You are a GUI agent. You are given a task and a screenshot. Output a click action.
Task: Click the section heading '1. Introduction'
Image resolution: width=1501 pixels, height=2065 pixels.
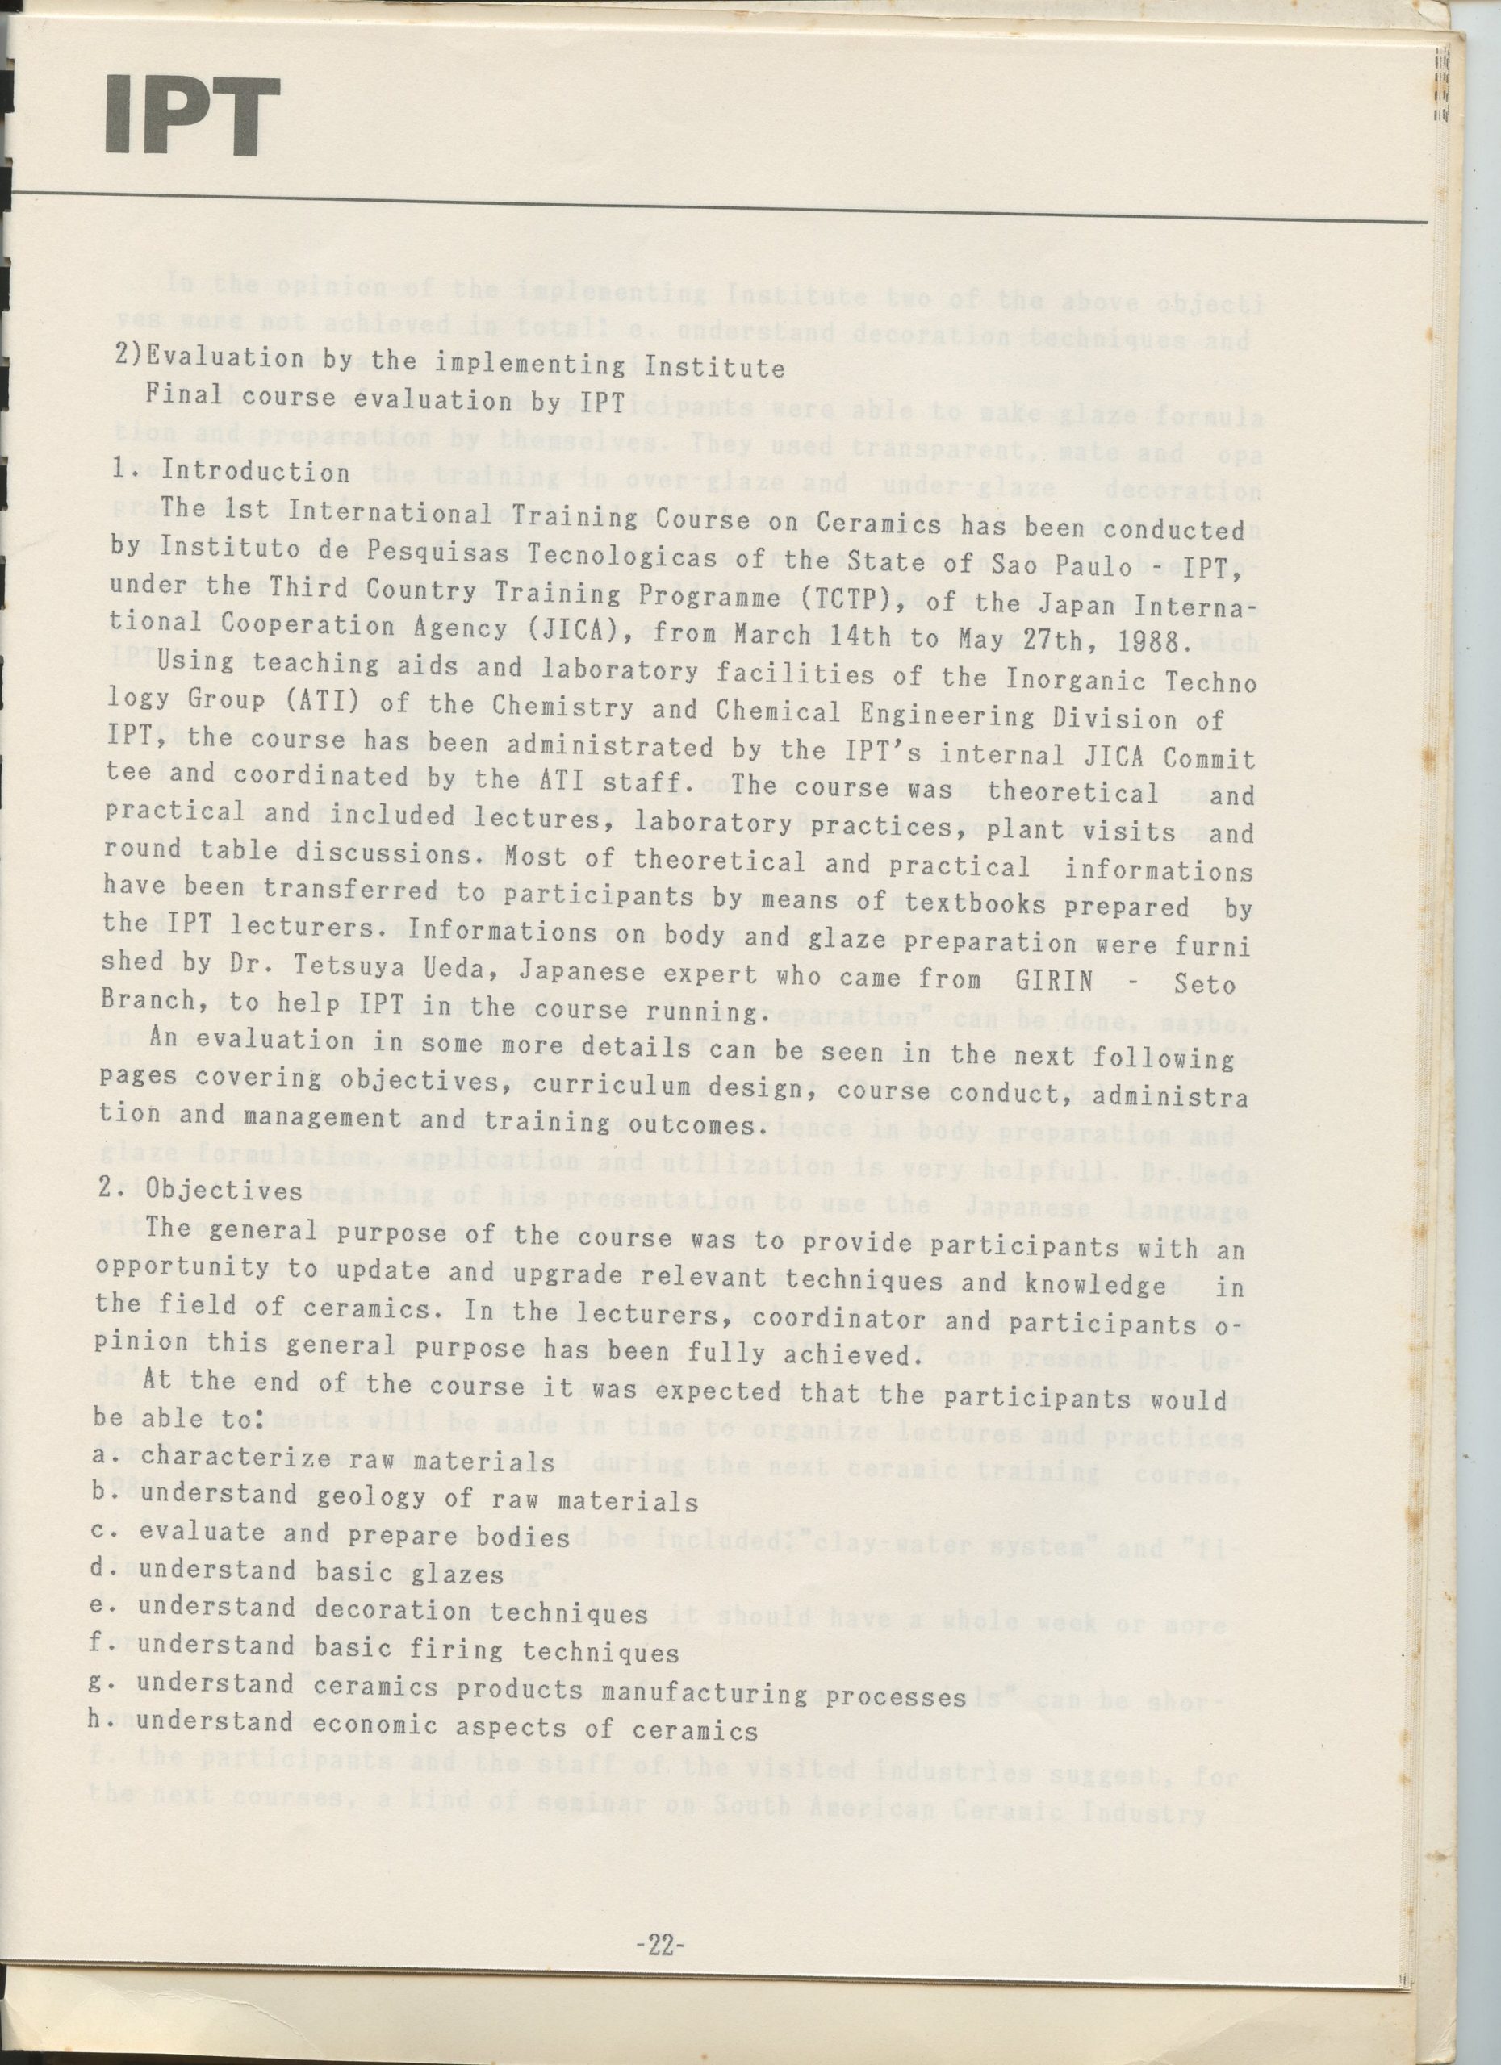[x=232, y=471]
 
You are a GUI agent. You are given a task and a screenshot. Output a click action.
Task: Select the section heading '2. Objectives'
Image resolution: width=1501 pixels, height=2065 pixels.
[x=211, y=1189]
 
